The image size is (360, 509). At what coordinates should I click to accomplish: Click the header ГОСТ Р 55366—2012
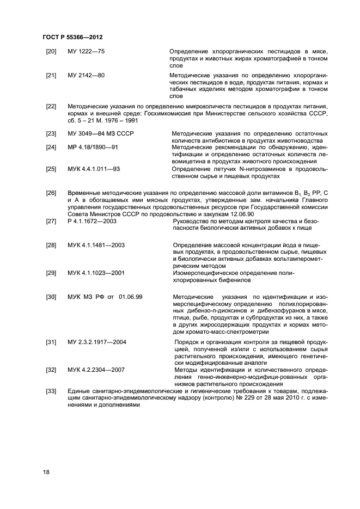(72, 36)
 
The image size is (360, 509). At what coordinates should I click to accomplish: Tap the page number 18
(46, 472)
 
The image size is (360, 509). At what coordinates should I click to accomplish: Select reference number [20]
(51, 51)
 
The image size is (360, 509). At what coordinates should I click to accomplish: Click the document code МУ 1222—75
(86, 51)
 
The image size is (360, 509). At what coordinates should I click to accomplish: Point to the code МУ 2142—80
(86, 75)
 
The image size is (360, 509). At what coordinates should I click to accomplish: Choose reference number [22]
(51, 106)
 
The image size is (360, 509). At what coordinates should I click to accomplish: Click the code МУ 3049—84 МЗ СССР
(101, 133)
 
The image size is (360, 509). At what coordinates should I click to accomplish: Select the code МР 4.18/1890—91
(94, 147)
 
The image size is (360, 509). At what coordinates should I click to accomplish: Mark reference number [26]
(51, 193)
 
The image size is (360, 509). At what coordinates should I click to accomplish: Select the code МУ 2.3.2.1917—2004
(97, 341)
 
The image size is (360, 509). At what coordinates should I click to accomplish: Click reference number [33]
(51, 391)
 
